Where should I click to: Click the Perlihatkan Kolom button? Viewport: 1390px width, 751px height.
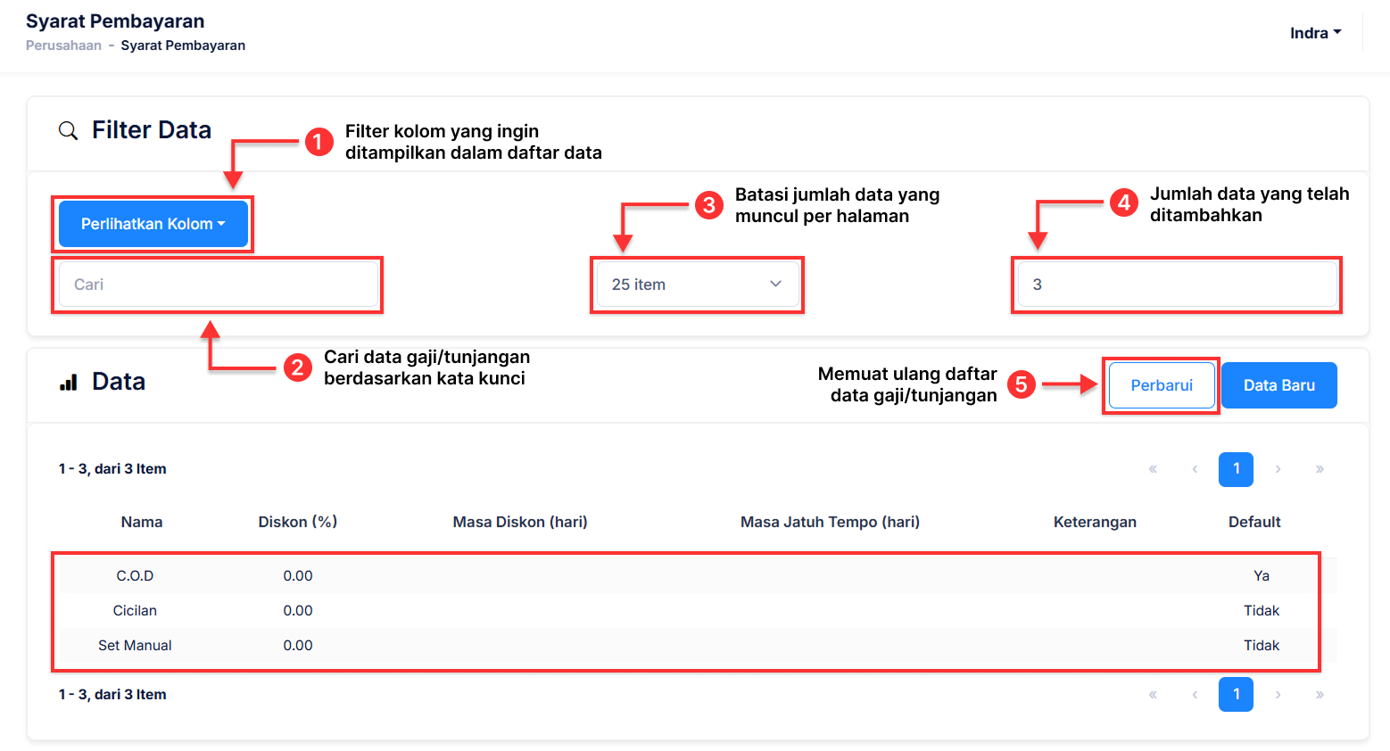coord(153,224)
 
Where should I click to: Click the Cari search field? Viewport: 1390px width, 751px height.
coord(219,284)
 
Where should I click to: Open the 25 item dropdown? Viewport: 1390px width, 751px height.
coord(698,284)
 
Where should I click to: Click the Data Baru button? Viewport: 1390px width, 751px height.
coord(1278,385)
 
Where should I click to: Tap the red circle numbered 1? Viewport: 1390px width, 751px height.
coord(319,142)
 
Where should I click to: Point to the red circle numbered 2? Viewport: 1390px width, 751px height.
coord(298,367)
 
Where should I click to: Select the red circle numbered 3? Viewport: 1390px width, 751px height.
coord(709,205)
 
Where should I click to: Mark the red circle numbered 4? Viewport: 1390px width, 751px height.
coord(1124,202)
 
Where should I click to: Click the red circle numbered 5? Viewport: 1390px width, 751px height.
coord(1022,384)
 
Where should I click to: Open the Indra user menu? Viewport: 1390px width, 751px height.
coord(1316,33)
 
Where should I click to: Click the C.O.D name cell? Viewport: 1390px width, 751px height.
coord(135,575)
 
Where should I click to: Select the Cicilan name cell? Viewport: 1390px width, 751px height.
coord(135,610)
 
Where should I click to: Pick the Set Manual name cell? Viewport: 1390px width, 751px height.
coord(135,645)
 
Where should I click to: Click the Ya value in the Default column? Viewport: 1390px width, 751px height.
coord(1262,575)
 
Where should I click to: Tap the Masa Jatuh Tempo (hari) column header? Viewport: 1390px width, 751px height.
coord(830,522)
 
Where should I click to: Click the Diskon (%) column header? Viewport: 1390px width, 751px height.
coord(298,522)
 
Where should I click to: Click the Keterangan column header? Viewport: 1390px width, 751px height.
coord(1095,522)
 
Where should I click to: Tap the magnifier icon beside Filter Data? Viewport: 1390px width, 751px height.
coord(69,131)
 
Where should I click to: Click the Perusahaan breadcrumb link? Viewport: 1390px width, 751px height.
coord(63,45)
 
